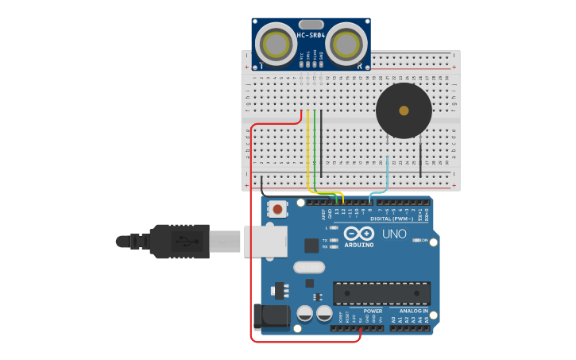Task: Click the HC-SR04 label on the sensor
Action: (x=311, y=35)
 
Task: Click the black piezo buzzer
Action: (x=404, y=110)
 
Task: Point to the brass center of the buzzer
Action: (x=404, y=110)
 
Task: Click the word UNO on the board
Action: (x=394, y=234)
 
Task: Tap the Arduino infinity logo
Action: (x=358, y=234)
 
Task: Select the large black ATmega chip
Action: (x=381, y=293)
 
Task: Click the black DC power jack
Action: (x=269, y=316)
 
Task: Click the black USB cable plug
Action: (x=180, y=241)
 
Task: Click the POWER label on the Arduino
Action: (x=373, y=311)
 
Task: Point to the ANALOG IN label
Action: (x=410, y=311)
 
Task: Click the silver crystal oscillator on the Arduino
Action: (x=309, y=267)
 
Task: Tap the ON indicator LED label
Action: (x=424, y=240)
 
